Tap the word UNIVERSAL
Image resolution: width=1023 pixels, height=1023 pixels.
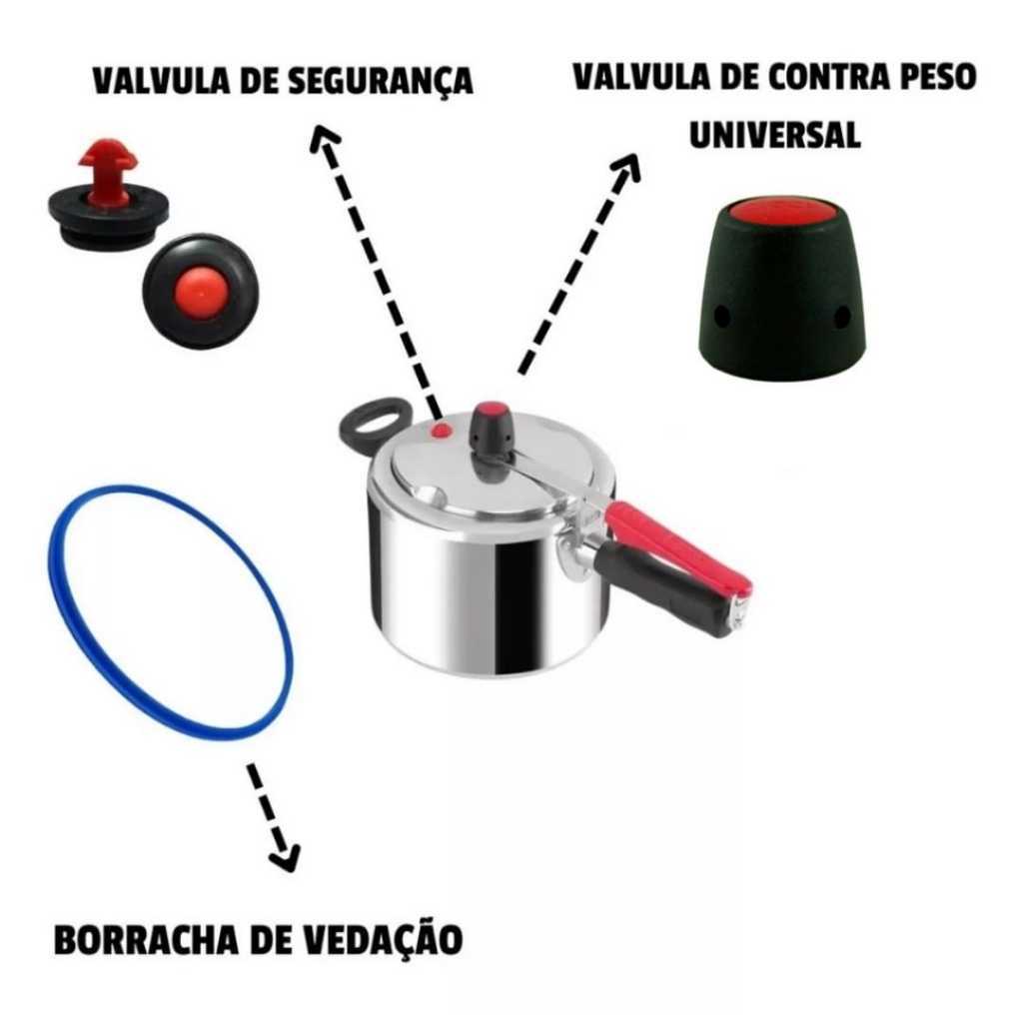click(x=774, y=136)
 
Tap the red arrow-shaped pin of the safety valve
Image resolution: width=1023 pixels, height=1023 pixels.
click(x=107, y=170)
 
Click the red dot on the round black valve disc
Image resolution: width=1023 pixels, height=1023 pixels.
click(x=200, y=292)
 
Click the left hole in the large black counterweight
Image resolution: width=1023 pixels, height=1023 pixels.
click(x=722, y=316)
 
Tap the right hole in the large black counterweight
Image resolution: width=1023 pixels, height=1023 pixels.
click(x=842, y=317)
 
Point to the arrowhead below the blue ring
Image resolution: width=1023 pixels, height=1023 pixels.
click(x=286, y=858)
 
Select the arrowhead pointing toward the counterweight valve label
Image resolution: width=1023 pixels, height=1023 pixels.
click(x=626, y=168)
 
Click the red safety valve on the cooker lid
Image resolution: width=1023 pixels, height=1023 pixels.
click(x=442, y=430)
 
